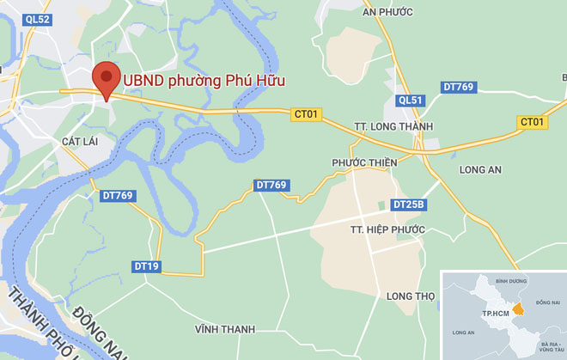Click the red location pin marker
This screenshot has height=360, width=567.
click(107, 79)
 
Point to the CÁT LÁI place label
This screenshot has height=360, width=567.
click(83, 140)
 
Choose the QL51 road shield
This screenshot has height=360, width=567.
click(411, 101)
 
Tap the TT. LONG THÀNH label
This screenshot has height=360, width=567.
click(395, 126)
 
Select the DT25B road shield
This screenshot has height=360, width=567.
click(409, 204)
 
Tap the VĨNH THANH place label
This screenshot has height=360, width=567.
click(225, 329)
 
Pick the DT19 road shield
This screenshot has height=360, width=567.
click(146, 266)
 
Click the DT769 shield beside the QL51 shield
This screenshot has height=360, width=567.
click(458, 87)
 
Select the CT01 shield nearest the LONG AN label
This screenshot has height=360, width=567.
click(533, 122)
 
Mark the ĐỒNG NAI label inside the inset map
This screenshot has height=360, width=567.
click(547, 302)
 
